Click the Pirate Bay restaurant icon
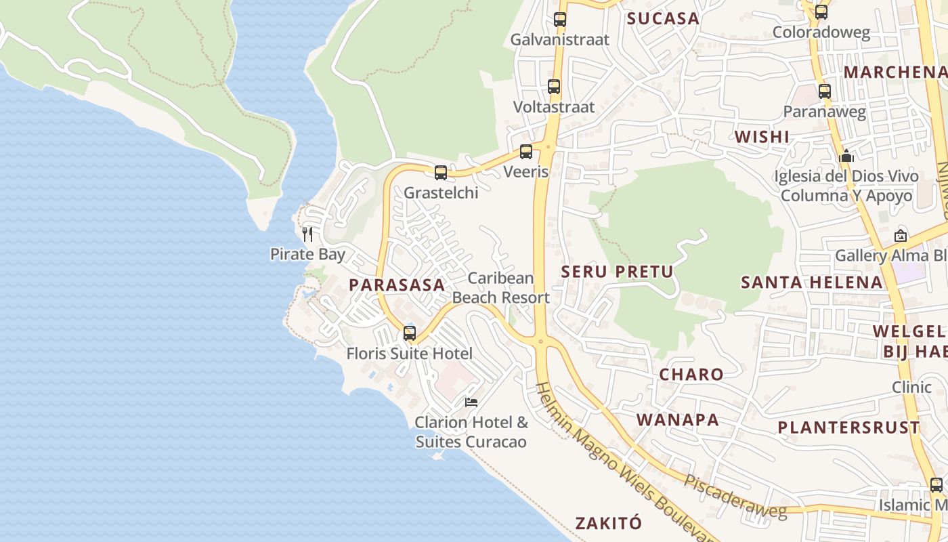tap(307, 234)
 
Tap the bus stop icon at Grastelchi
tap(441, 173)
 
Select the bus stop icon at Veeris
tap(526, 152)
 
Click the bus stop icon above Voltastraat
tap(554, 87)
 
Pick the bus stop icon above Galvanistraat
tap(560, 20)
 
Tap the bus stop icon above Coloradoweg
tap(821, 12)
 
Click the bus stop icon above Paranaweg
tap(824, 91)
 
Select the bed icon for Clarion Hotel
tap(471, 402)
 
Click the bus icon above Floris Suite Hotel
tap(410, 333)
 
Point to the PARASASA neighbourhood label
tap(397, 285)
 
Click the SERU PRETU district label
tap(618, 272)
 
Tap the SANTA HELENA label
tap(812, 283)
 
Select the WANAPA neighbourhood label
tap(678, 420)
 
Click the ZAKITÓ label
tap(608, 523)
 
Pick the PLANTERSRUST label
tap(848, 428)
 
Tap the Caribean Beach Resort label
tap(501, 288)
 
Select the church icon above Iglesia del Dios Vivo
tap(846, 157)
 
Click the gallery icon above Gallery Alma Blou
tap(901, 236)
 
